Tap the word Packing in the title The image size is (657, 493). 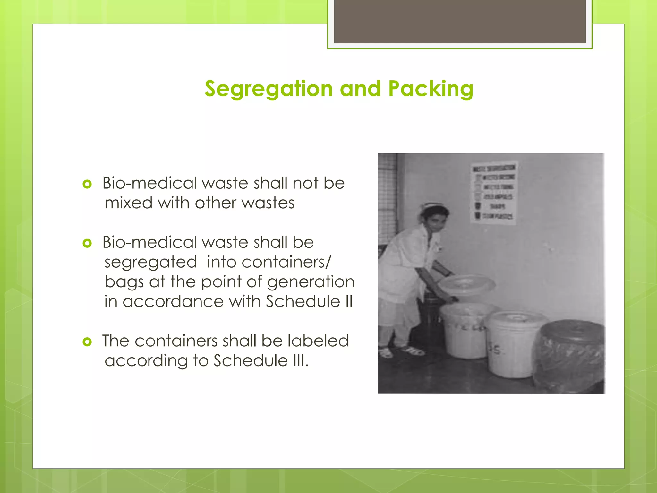click(x=431, y=89)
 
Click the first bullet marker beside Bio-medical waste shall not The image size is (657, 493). click(x=87, y=184)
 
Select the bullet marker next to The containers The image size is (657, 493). click(x=87, y=342)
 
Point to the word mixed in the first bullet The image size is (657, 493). click(x=128, y=203)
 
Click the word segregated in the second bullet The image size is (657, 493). click(x=150, y=263)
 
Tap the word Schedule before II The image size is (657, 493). click(x=303, y=302)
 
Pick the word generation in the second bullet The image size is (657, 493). click(x=311, y=282)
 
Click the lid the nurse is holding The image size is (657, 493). click(x=467, y=284)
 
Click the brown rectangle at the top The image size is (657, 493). click(x=460, y=21)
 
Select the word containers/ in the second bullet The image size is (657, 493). click(x=286, y=263)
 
